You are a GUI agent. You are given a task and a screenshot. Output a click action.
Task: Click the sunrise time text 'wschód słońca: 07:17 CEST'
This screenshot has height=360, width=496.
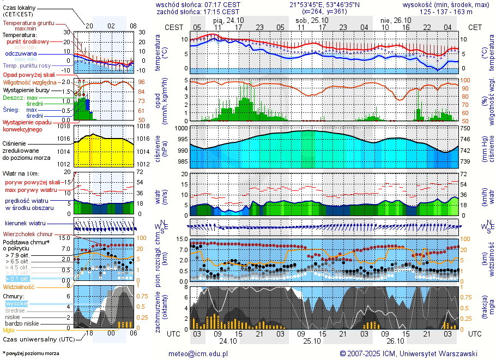(x=198, y=4)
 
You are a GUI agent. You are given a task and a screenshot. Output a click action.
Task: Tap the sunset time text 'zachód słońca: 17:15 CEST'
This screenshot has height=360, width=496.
(x=198, y=11)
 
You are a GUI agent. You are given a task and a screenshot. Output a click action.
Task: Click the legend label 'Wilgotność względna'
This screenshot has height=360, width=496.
(x=30, y=82)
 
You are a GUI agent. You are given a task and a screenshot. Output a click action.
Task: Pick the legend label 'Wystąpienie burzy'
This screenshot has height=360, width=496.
(x=26, y=89)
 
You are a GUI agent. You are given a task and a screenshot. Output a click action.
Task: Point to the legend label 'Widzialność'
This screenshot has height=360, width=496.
(x=19, y=286)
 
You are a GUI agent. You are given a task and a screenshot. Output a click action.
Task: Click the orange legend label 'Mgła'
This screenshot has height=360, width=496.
(x=9, y=330)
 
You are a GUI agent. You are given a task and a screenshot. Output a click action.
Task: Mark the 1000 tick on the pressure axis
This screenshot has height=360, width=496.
(x=181, y=128)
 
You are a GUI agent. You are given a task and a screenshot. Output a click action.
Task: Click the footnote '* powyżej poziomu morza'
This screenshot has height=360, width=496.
(x=31, y=353)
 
